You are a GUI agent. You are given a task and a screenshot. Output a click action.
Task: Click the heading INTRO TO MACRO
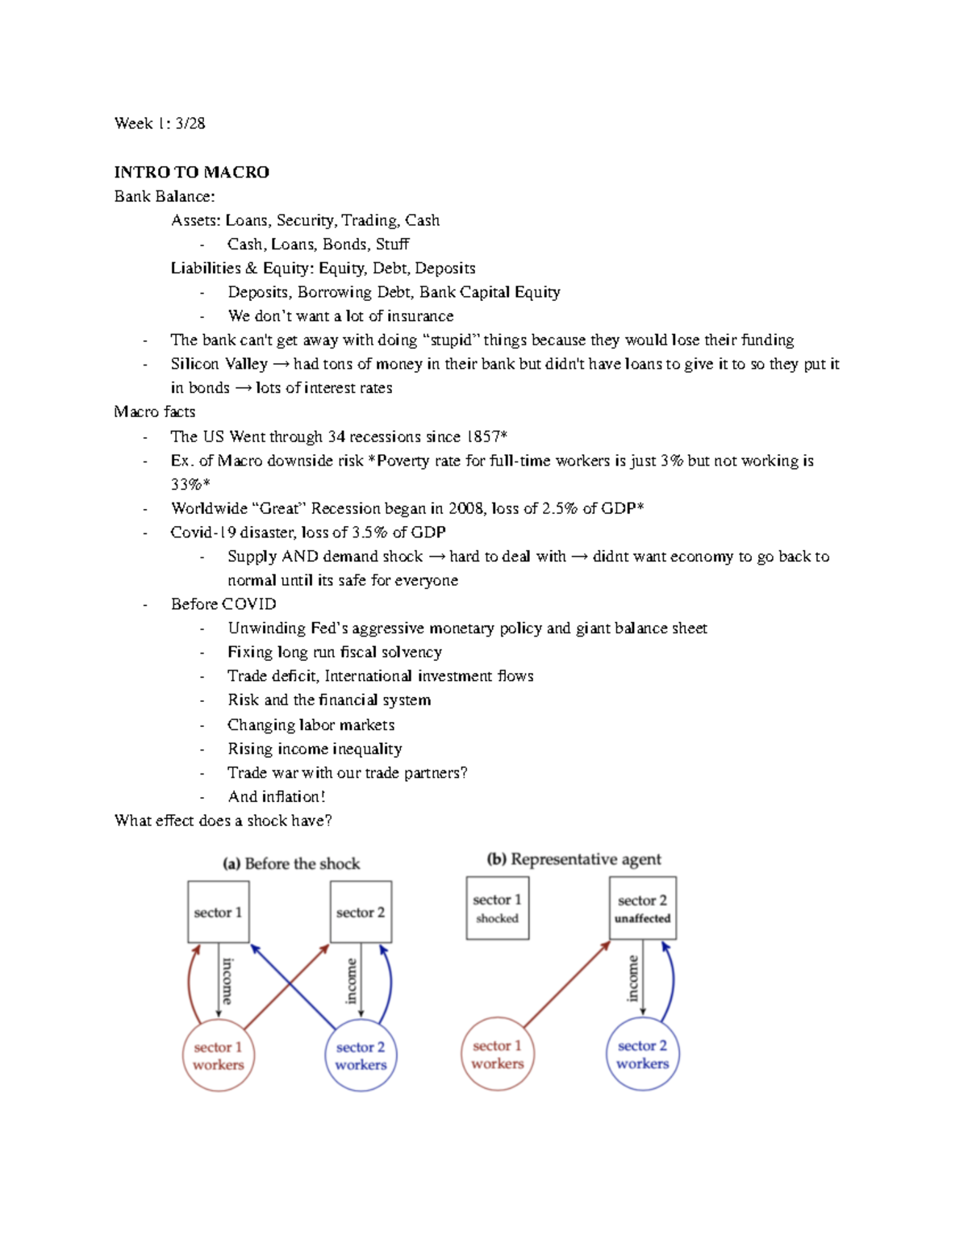coord(191,172)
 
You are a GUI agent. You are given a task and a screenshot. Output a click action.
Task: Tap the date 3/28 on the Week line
coord(190,123)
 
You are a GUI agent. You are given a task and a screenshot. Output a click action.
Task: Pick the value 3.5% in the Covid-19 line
coord(369,533)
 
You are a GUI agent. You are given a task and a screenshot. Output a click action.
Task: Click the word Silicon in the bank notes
coord(194,364)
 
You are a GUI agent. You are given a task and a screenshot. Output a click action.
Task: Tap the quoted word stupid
coord(451,340)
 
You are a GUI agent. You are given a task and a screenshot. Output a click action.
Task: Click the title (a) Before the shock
coord(291,863)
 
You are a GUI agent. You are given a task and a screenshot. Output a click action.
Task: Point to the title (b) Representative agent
coord(574,859)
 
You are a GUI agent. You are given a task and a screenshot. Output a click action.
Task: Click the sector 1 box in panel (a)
coord(218,912)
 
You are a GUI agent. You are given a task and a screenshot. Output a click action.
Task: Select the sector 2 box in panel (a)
coord(361,912)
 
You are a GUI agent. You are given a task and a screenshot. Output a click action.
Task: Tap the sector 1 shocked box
coord(497,908)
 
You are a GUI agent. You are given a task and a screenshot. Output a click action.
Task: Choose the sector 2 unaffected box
coord(642,908)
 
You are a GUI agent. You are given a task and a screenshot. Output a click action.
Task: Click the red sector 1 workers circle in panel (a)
coord(218,1055)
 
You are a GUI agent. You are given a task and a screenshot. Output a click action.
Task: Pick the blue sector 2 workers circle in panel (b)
coord(642,1054)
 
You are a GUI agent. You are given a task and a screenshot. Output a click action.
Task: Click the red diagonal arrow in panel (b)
coord(567,984)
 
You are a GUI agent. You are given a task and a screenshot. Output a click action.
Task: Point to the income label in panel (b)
coord(633,979)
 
